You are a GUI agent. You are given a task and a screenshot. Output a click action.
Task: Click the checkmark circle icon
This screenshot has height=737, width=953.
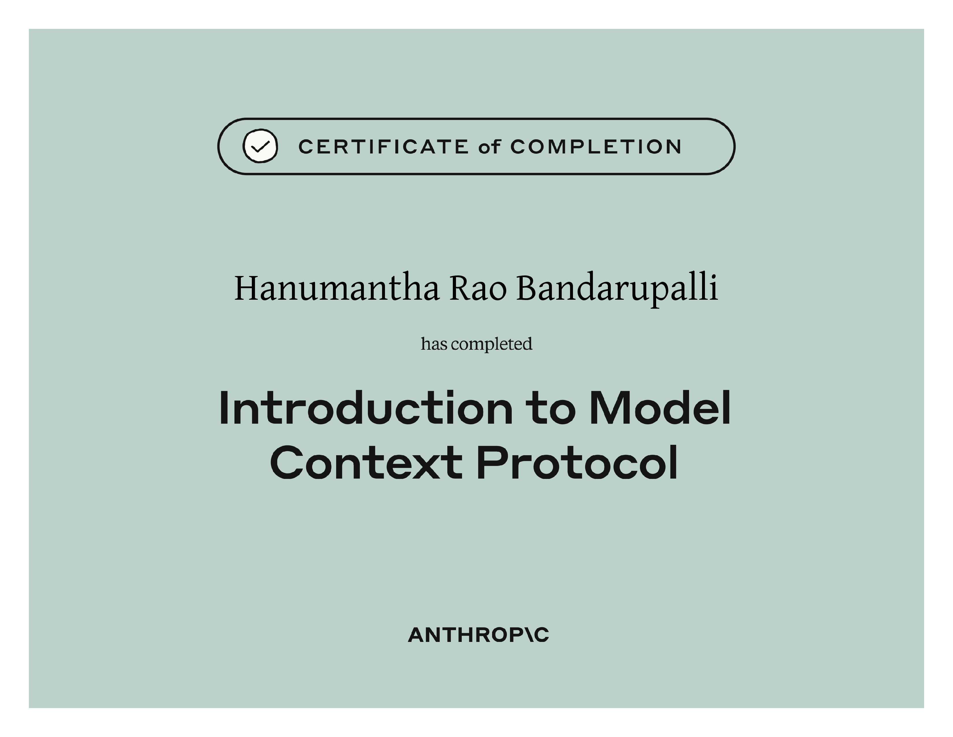pyautogui.click(x=260, y=146)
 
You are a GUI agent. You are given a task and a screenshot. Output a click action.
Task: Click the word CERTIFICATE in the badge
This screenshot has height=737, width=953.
pyautogui.click(x=384, y=147)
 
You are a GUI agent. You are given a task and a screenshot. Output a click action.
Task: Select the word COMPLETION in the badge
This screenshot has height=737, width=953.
pyautogui.click(x=595, y=147)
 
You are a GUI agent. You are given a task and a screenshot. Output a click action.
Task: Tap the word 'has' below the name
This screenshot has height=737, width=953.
pyautogui.click(x=434, y=344)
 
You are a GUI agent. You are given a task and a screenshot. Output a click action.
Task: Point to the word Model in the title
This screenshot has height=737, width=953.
pyautogui.click(x=660, y=408)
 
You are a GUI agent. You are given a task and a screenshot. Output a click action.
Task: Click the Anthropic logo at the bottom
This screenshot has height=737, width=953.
pyautogui.click(x=478, y=635)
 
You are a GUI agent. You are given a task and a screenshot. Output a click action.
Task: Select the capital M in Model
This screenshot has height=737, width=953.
pyautogui.click(x=609, y=408)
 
